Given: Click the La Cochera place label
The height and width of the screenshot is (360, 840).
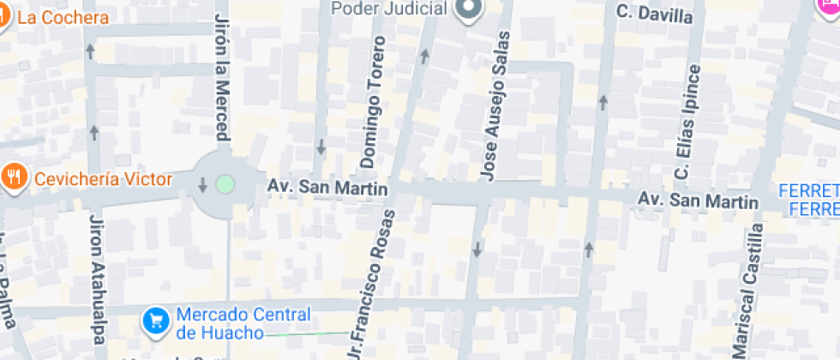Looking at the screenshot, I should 63,17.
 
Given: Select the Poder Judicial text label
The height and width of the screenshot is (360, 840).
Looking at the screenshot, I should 390,9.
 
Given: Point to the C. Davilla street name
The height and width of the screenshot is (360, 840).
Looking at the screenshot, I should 655,14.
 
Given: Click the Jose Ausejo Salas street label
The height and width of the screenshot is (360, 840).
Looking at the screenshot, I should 495,106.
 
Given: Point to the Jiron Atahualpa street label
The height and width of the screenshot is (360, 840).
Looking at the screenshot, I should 96,283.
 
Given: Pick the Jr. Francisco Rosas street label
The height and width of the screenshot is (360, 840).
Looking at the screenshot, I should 374,283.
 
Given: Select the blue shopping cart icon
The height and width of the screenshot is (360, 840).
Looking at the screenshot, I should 155,321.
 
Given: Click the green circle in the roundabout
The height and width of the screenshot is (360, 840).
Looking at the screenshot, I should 225,183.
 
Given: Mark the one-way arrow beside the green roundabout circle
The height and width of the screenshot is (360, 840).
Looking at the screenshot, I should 203,184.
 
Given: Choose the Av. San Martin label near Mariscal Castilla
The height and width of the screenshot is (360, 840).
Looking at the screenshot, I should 697,201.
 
